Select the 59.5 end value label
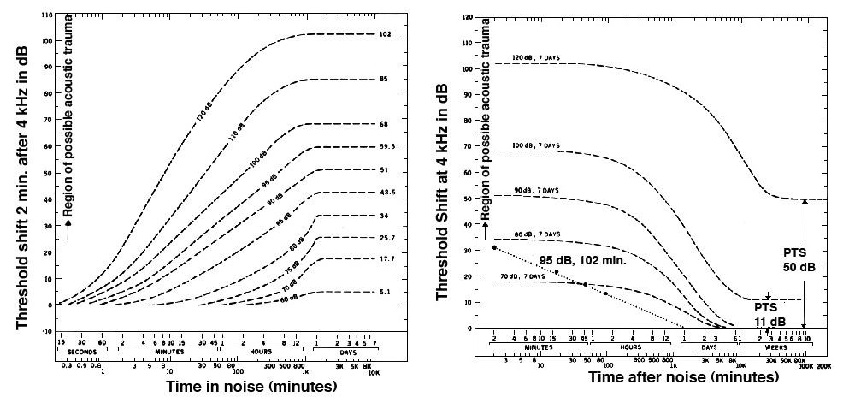(385, 146)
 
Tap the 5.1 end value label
(384, 292)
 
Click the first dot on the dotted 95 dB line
(494, 247)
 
